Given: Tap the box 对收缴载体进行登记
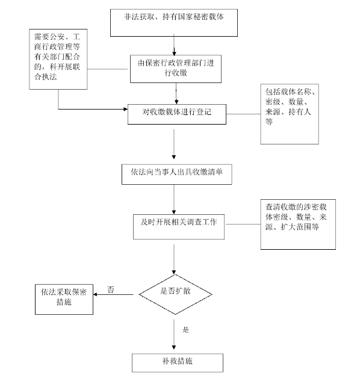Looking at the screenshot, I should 176,113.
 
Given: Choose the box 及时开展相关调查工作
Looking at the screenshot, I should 174,223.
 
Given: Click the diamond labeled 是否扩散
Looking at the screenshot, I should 175,294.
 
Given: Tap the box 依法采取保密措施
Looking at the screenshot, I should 64,297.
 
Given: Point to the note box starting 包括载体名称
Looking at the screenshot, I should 290,114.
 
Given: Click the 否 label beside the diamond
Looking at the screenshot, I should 111,289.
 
